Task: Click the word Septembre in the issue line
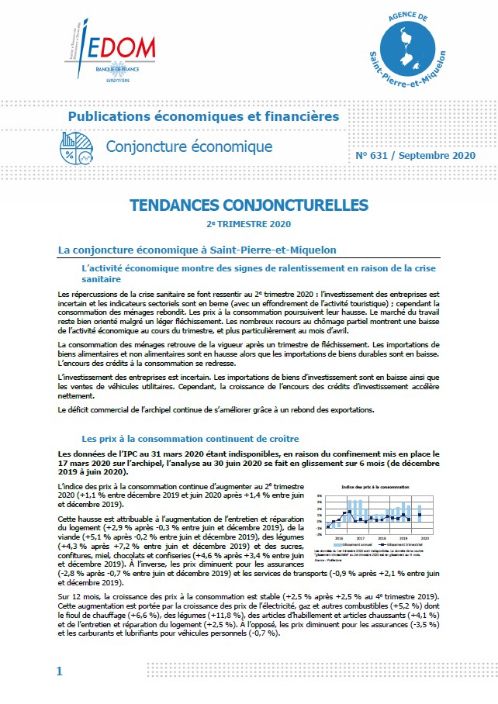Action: click(433, 155)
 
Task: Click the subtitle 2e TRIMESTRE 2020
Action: click(248, 225)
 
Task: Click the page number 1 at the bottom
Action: click(59, 671)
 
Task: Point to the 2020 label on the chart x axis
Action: click(425, 537)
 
